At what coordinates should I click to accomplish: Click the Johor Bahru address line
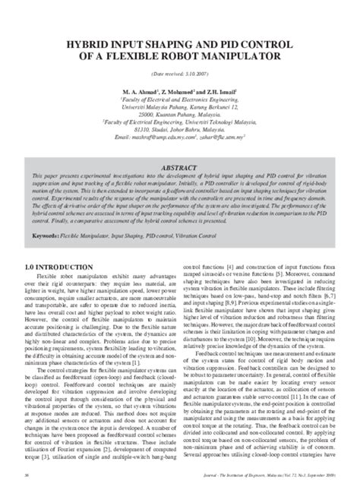(x=180, y=127)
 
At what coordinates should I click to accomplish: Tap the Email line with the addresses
(x=180, y=134)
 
